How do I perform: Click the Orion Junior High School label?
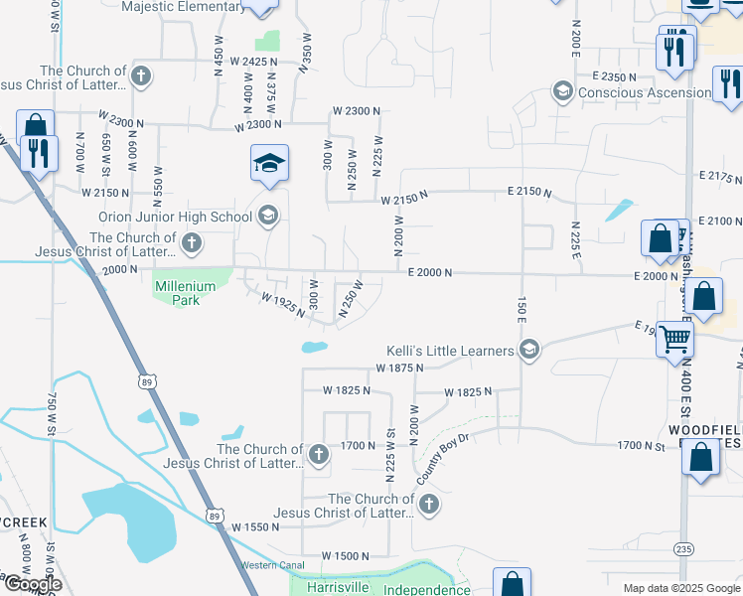(x=176, y=217)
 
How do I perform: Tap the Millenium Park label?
(x=185, y=293)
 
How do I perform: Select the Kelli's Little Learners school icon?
(x=529, y=349)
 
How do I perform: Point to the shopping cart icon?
(x=674, y=339)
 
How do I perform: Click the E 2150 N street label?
(x=528, y=191)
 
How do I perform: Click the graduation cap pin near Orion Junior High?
(x=268, y=164)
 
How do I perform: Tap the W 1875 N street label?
(x=399, y=369)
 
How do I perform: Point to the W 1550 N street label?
(x=256, y=527)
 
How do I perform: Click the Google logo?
(x=32, y=584)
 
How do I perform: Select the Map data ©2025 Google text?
(x=679, y=588)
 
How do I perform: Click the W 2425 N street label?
(x=256, y=62)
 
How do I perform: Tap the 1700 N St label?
(x=640, y=446)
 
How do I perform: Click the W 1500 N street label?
(x=346, y=556)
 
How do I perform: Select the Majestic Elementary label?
(x=183, y=7)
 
